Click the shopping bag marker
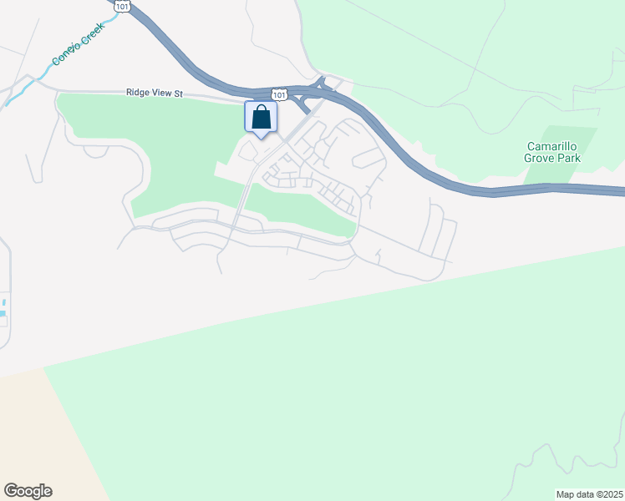(261, 118)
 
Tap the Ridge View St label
(155, 94)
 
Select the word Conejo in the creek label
(64, 56)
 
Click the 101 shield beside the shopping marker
(279, 95)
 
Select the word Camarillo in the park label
(552, 145)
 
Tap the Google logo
(28, 491)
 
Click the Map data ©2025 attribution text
(589, 494)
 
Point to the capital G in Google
(10, 491)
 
